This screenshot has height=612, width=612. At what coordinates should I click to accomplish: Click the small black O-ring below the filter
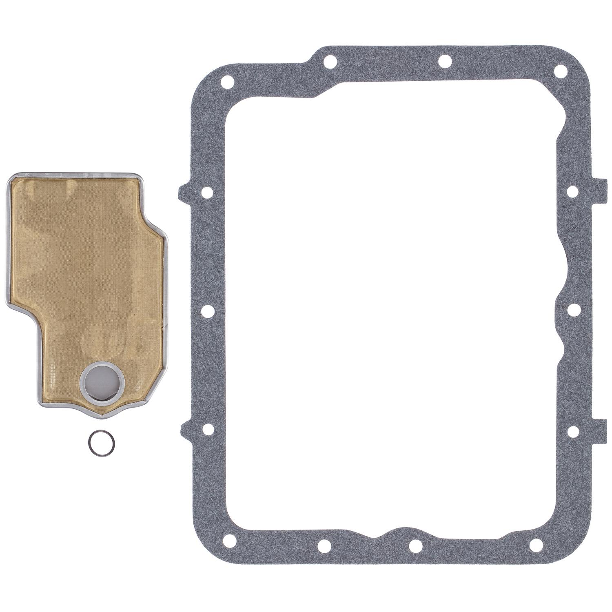[100, 441]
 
